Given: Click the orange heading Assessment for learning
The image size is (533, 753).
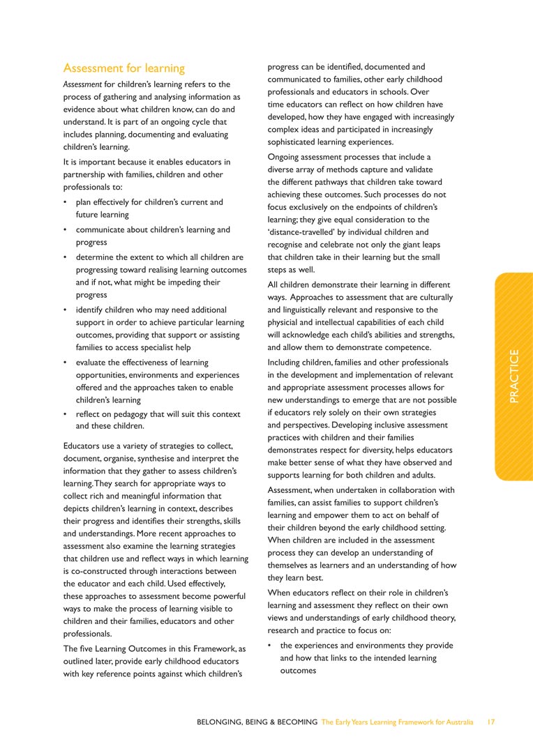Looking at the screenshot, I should (123, 68).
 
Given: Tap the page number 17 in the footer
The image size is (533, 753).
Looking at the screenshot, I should (491, 722).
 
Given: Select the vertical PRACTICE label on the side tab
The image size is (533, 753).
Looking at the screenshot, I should (513, 376).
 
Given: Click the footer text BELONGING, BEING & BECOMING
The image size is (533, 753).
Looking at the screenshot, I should (257, 722).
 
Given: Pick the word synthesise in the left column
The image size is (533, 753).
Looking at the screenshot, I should (177, 459).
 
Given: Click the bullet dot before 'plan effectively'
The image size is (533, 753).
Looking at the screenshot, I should (65, 203).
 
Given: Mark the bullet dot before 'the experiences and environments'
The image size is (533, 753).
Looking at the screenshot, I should (269, 646).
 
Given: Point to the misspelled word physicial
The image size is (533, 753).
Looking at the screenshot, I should (289, 323).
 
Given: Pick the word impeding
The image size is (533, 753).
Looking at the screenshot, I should (177, 282).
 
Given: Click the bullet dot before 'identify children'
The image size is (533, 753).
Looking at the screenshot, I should (65, 310).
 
